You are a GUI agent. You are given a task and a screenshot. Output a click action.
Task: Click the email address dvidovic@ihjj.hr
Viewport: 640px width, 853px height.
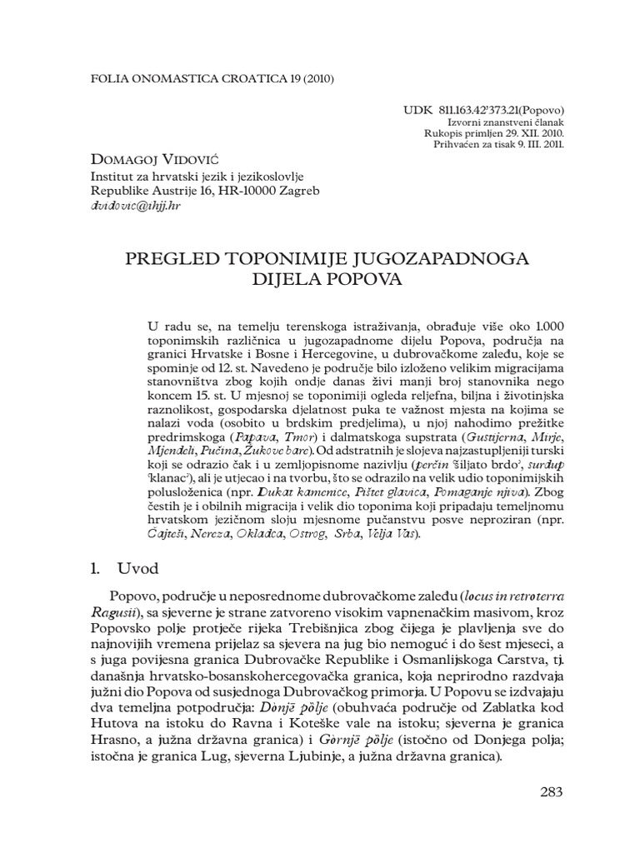(136, 206)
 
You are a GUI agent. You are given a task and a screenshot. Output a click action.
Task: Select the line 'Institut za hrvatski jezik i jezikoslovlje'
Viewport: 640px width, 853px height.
(196, 176)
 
